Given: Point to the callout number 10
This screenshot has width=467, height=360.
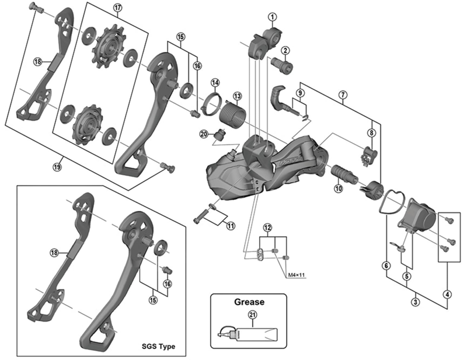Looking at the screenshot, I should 337,188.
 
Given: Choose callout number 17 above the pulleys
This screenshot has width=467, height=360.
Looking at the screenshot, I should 117,8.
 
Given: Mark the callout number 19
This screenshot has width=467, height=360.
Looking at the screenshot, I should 57,167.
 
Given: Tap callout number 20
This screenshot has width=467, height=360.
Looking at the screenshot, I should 203,134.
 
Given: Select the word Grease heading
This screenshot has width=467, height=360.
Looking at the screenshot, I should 249,302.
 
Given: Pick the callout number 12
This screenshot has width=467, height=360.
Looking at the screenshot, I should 267,226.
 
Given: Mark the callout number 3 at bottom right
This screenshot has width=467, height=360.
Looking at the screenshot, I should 415,302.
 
